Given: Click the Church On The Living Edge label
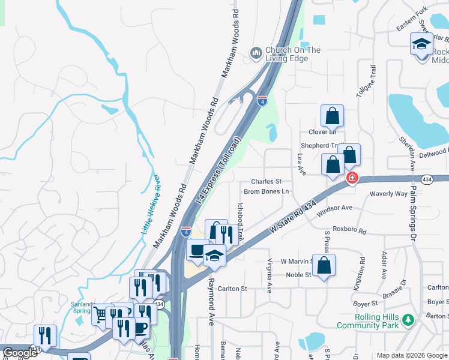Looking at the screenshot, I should coord(293,54).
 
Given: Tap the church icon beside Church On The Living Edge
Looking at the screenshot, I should coord(256,54).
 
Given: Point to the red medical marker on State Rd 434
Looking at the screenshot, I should coord(352,178).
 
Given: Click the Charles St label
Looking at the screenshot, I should coord(267,181).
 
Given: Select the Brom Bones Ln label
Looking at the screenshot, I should coord(267,191).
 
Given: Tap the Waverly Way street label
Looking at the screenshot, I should coord(388,194).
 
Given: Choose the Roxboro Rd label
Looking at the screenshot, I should coord(349,229).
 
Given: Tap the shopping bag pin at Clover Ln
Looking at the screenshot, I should coord(332,116).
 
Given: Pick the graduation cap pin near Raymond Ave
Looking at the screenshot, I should coord(214,256).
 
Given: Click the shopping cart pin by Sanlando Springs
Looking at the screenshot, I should coord(102,314).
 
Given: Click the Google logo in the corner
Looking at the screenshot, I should coord(20,353).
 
